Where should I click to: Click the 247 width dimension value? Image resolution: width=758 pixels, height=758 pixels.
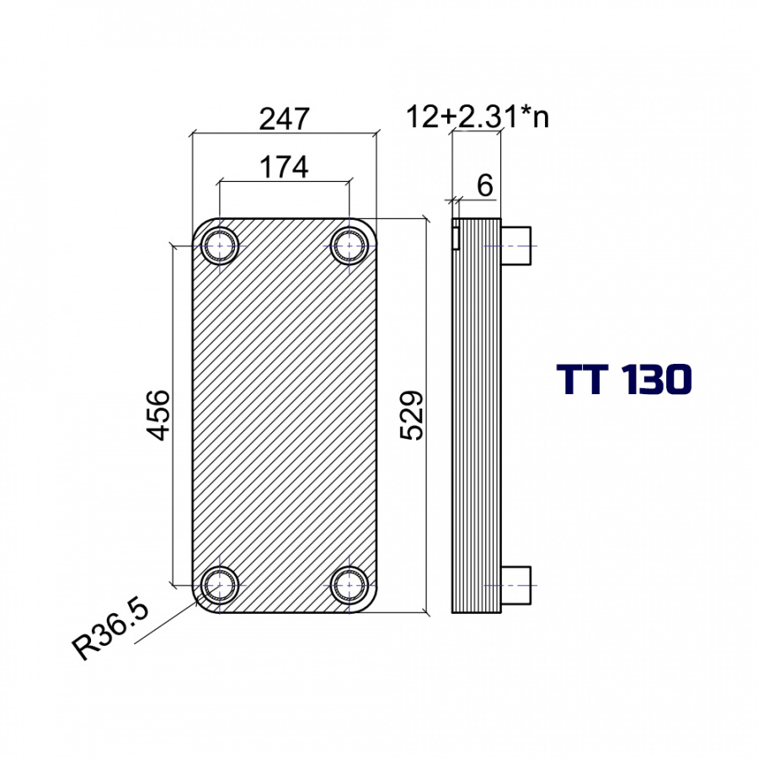284,119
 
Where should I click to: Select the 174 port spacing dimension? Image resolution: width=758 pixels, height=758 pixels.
284,168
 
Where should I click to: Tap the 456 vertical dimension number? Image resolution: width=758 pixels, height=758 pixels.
158,415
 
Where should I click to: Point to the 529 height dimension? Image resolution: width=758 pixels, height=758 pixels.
412,415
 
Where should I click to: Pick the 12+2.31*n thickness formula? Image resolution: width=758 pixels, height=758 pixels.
478,117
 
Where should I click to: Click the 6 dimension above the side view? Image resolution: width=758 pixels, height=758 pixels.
485,185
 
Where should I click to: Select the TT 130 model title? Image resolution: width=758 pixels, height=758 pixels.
625,380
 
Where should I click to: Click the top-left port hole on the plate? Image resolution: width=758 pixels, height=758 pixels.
220,246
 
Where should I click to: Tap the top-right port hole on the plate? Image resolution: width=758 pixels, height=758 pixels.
349,246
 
